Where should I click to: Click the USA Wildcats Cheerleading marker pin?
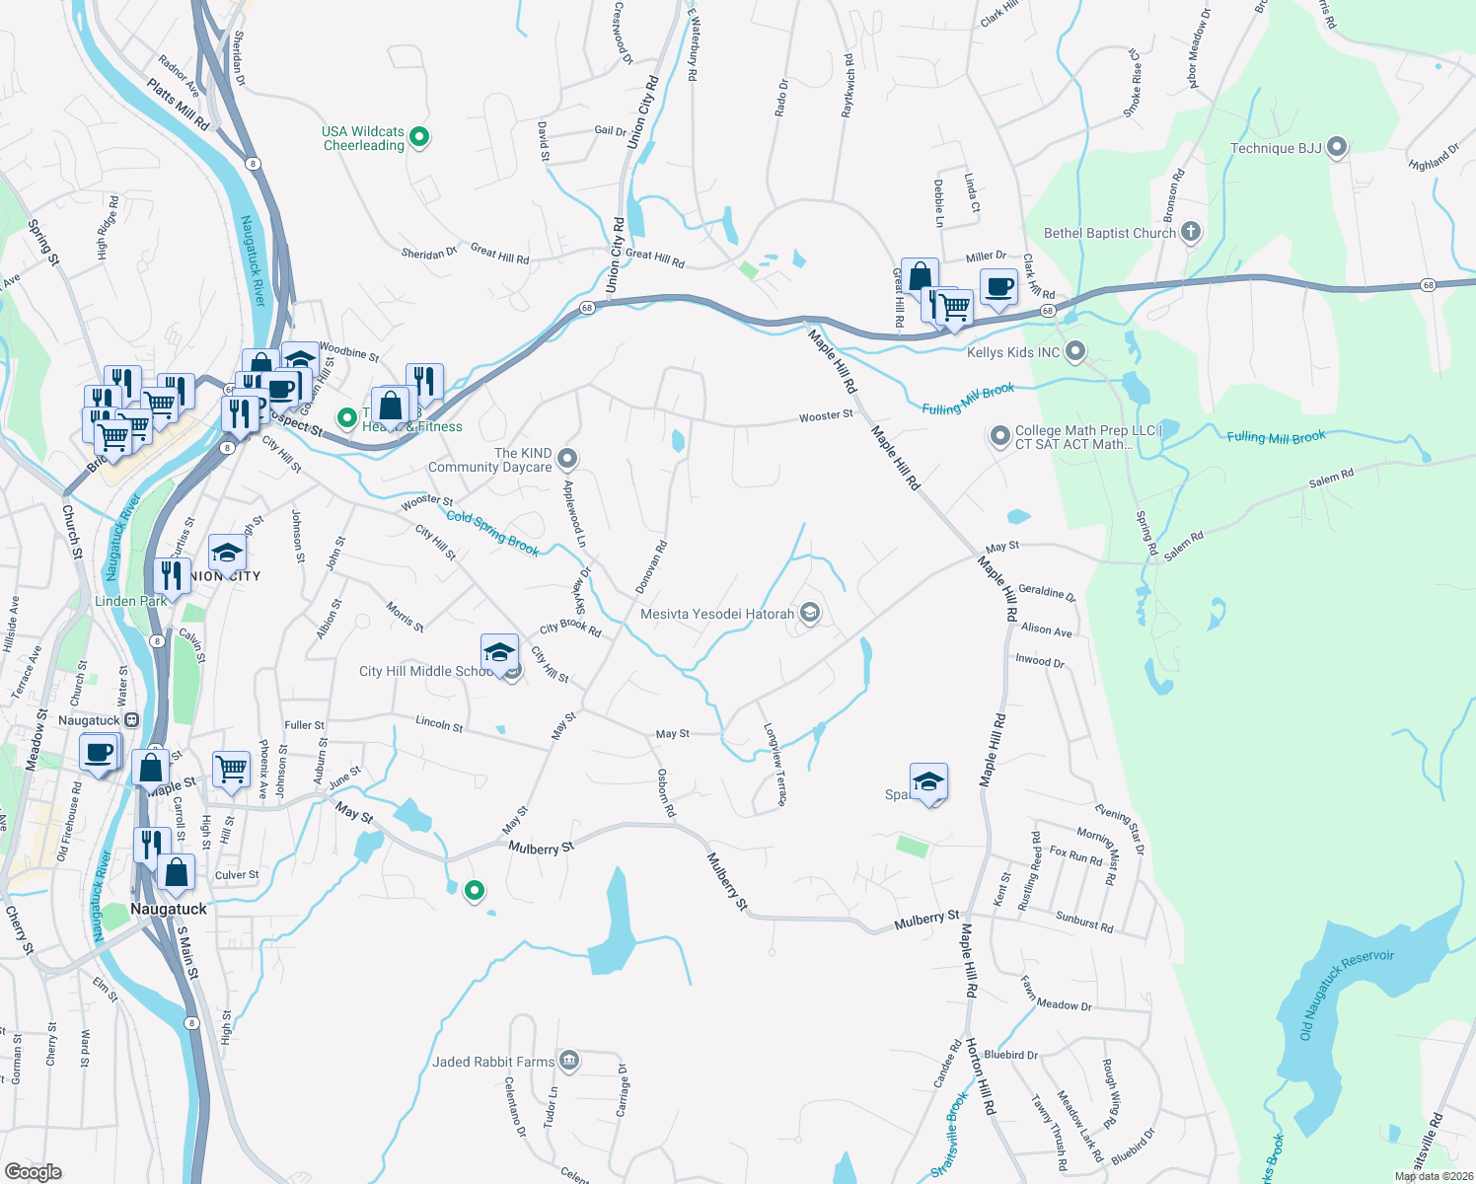[419, 138]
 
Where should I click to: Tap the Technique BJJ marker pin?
[1337, 148]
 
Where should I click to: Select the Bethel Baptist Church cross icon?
[1191, 233]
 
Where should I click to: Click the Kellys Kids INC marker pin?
[1075, 351]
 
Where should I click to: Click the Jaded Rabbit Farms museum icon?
[568, 1062]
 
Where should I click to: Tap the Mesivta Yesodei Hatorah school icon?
[810, 614]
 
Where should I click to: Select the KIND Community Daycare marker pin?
[567, 459]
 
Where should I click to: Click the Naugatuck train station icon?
[132, 720]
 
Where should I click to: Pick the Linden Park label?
[130, 601]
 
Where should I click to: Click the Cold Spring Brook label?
[492, 533]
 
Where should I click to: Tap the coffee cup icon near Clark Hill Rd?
[998, 286]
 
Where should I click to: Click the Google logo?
[33, 1171]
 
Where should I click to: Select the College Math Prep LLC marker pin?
[1000, 435]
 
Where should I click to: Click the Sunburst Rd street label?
[1084, 923]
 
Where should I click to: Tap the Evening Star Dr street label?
[1120, 830]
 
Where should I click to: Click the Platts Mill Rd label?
[178, 105]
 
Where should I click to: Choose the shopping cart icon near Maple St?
[231, 768]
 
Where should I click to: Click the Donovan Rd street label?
[651, 567]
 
